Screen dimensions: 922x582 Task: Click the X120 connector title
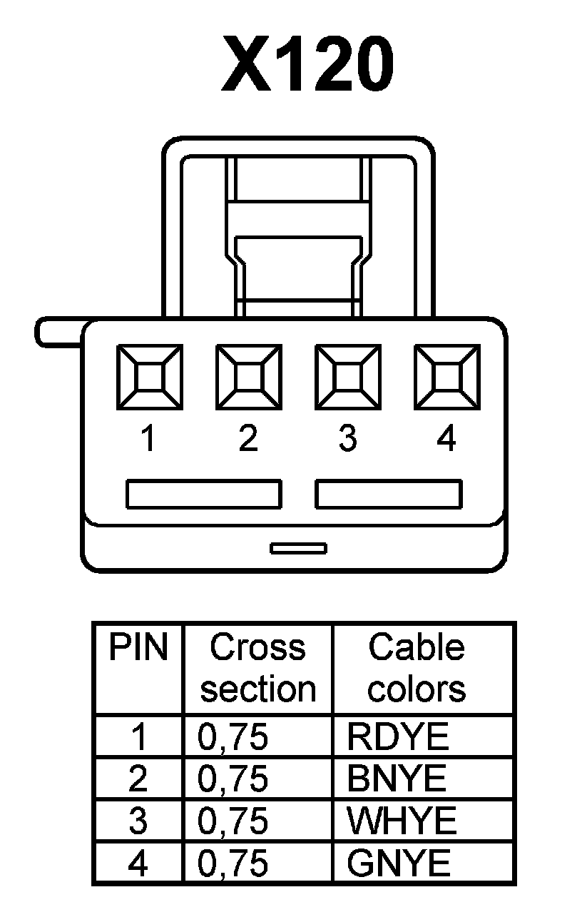307,66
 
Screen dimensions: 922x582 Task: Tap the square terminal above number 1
150,377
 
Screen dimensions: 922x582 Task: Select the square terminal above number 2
249,377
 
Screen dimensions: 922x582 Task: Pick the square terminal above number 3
348,377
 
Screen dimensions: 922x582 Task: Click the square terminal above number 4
447,377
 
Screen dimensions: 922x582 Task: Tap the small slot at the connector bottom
299,548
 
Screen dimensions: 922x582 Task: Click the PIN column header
138,649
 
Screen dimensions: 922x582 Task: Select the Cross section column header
257,669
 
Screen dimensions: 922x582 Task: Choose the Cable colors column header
417,669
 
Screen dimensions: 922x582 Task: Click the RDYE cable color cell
398,737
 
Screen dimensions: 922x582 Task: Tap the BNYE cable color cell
397,779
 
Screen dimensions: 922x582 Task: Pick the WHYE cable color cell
402,821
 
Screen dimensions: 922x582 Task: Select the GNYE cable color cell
399,864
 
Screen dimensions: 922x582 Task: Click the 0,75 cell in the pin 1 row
233,737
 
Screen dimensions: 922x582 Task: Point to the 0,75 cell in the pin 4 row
233,864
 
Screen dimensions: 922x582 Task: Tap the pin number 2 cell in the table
138,779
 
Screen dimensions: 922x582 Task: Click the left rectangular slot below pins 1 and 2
204,494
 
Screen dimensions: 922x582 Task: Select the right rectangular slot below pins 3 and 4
389,494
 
